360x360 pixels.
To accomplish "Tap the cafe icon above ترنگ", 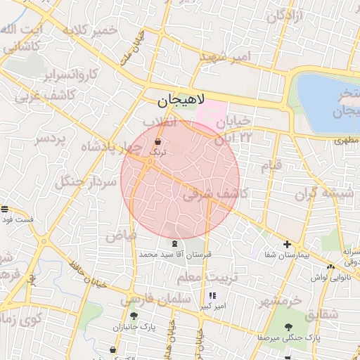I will [x=157, y=143].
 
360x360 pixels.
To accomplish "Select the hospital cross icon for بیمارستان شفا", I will [x=287, y=245].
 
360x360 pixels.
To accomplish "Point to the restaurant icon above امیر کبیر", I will [x=212, y=296].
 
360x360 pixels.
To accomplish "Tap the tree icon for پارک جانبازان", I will [x=134, y=316].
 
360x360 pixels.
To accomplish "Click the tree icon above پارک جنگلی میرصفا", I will [x=288, y=326].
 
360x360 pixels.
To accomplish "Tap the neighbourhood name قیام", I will [x=271, y=166].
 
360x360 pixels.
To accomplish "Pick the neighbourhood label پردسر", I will [x=50, y=139].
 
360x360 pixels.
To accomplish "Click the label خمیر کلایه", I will [x=90, y=31].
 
